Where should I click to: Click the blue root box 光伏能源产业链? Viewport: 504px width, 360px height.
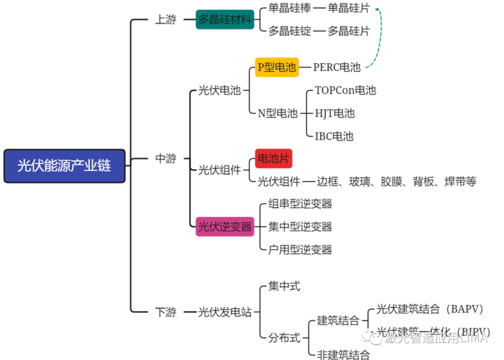click(64, 166)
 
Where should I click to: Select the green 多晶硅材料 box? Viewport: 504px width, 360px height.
click(225, 20)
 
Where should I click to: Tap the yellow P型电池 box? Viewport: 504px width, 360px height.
click(277, 67)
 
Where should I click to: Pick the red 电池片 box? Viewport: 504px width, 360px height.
click(273, 159)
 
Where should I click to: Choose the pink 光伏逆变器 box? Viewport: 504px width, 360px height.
click(225, 227)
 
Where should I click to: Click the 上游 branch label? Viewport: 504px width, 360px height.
click(165, 20)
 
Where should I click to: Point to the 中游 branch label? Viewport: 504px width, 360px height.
click(165, 159)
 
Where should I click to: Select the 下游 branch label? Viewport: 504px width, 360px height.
click(165, 312)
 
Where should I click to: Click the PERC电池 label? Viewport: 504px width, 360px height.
click(337, 67)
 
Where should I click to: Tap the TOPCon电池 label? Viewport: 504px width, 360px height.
click(345, 91)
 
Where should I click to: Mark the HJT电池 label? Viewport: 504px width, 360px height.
click(335, 113)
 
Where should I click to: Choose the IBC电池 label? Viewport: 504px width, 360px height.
click(334, 136)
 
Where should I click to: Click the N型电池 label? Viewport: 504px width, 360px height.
click(278, 113)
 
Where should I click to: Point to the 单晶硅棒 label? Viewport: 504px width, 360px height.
click(289, 8)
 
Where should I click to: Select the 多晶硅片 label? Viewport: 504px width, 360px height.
click(348, 31)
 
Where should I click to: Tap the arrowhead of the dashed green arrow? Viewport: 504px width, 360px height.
click(377, 9)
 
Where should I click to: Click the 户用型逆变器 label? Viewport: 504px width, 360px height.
click(300, 250)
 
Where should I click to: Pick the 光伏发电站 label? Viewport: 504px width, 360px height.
click(225, 312)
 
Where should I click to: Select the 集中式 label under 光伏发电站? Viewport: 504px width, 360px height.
click(284, 286)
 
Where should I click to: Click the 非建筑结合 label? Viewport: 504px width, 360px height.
click(343, 354)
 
